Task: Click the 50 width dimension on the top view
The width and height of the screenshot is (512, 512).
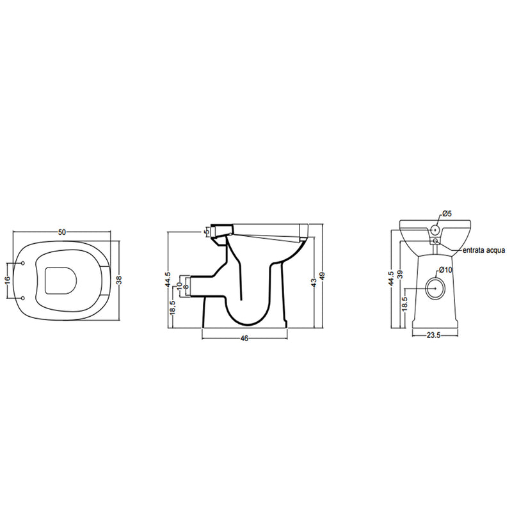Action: pos(63,232)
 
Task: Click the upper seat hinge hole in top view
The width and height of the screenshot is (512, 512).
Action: pos(23,262)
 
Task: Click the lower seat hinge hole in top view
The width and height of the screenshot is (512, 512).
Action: pos(23,298)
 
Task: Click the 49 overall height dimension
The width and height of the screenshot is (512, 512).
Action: pos(323,275)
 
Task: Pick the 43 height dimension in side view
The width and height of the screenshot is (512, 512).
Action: pos(314,282)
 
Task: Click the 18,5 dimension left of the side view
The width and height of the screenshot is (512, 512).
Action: pos(172,307)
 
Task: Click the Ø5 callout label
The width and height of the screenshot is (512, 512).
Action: pos(447,214)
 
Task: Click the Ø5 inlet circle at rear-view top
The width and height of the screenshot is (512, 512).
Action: pos(435,227)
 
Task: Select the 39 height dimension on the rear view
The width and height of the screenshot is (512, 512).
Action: pos(401,274)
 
